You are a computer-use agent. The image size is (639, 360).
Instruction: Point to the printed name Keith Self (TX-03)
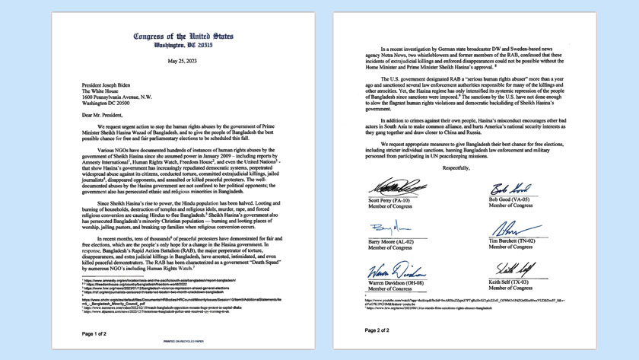530,282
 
